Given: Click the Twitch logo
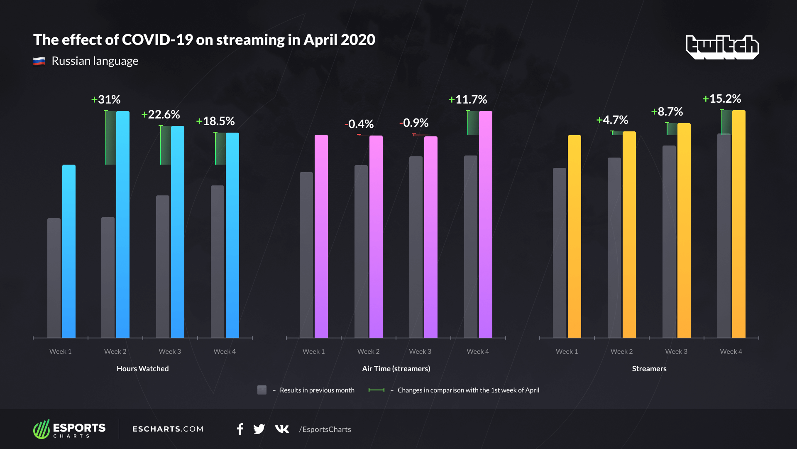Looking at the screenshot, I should click(x=722, y=47).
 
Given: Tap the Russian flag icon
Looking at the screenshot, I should click(x=39, y=62).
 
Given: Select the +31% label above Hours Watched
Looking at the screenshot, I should click(x=106, y=100).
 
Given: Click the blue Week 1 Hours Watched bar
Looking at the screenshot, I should click(x=69, y=251).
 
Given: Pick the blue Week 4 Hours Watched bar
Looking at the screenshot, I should click(x=232, y=235).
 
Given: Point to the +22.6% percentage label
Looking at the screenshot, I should click(x=161, y=115).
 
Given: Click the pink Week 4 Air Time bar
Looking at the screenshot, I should click(x=486, y=224).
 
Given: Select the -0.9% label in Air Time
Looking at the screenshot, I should click(x=414, y=123).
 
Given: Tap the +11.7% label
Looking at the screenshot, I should click(x=468, y=100).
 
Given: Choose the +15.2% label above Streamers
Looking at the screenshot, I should click(x=722, y=99).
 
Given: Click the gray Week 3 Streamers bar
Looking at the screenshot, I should click(x=669, y=241).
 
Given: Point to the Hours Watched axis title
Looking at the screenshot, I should click(x=143, y=369).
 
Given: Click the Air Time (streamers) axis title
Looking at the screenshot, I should click(x=396, y=369).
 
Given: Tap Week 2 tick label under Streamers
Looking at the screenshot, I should click(x=621, y=352).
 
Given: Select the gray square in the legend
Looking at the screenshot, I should click(x=262, y=390).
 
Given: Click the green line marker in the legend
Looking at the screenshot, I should click(x=376, y=390).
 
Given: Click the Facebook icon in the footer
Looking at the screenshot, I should click(x=240, y=429).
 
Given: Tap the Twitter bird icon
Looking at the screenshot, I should click(x=259, y=429).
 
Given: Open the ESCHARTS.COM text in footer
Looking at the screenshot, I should click(x=168, y=429).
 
